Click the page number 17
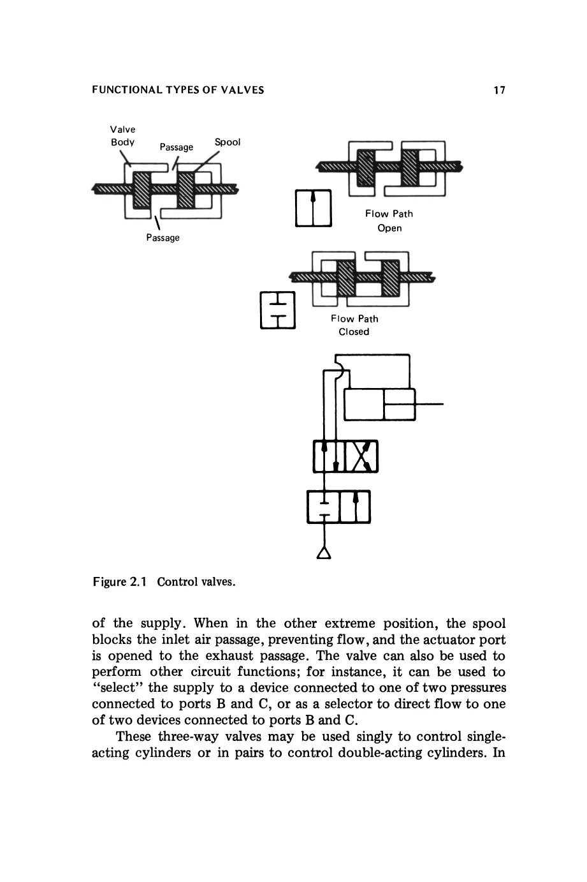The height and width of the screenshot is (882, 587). (499, 90)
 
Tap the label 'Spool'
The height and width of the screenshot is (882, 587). (228, 142)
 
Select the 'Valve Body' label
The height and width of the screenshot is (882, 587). (122, 135)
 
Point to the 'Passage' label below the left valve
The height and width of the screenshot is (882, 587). (163, 237)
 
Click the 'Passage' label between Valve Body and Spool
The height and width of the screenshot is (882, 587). (176, 147)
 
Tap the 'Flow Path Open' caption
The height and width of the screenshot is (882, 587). (389, 221)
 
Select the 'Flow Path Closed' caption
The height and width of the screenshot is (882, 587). (354, 325)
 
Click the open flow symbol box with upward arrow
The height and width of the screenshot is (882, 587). (314, 208)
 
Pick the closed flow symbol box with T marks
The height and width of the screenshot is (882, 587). (277, 310)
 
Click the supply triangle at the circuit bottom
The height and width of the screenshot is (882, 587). (324, 553)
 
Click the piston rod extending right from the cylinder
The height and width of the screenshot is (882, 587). (429, 404)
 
